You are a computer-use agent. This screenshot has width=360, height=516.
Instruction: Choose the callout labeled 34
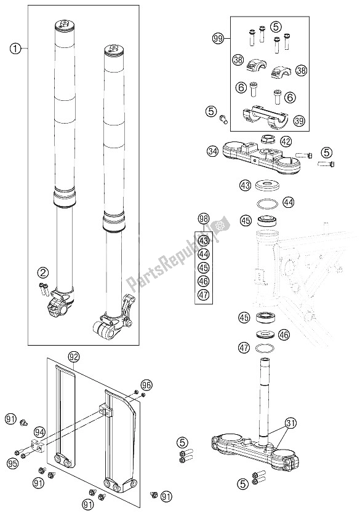pyautogui.click(x=213, y=149)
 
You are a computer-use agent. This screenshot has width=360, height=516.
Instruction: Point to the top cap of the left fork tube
pyautogui.click(x=65, y=25)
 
